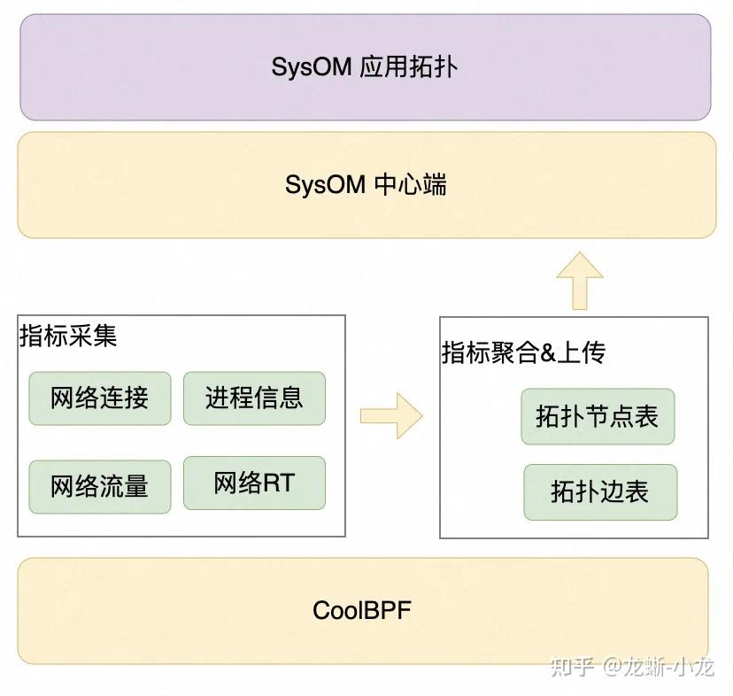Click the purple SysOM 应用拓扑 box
click(365, 67)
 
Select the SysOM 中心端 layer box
click(365, 185)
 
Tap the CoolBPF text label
click(362, 611)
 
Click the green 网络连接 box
click(99, 398)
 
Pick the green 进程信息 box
click(254, 398)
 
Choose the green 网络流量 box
click(99, 486)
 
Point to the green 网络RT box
click(254, 483)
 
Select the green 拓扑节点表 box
click(598, 416)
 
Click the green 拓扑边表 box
click(600, 491)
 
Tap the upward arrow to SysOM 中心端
click(580, 280)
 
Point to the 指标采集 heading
click(68, 336)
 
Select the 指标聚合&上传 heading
click(523, 353)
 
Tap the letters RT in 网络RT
click(279, 483)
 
